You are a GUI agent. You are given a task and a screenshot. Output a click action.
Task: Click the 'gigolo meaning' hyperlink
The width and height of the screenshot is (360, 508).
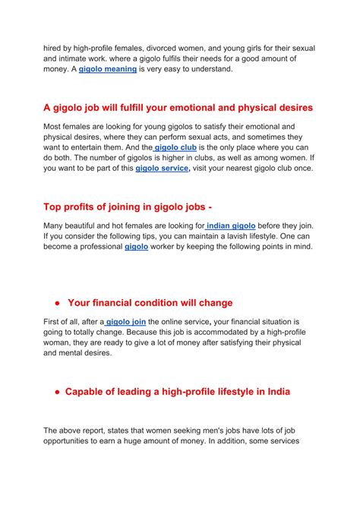click(x=108, y=69)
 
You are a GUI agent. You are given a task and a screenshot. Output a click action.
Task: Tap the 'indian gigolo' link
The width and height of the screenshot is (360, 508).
click(x=231, y=226)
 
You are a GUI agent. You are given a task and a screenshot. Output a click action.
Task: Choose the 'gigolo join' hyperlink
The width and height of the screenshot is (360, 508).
click(x=125, y=322)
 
